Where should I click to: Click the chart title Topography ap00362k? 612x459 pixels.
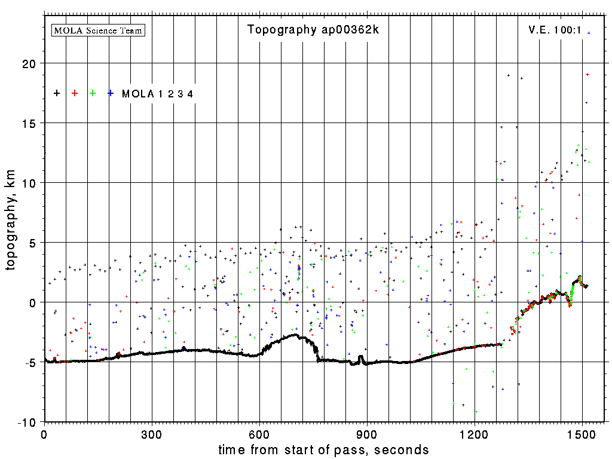pyautogui.click(x=313, y=30)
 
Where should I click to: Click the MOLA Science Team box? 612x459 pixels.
pyautogui.click(x=99, y=30)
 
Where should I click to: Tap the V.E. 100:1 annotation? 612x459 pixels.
pyautogui.click(x=555, y=29)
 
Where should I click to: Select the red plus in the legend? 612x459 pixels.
pyautogui.click(x=75, y=93)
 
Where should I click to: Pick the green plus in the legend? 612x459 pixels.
pyautogui.click(x=93, y=93)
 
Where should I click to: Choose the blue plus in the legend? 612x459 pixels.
pyautogui.click(x=111, y=93)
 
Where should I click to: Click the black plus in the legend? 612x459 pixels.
pyautogui.click(x=57, y=93)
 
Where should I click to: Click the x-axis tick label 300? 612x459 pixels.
pyautogui.click(x=152, y=434)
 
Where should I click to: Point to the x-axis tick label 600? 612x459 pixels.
pyautogui.click(x=259, y=434)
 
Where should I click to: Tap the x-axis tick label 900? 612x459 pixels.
pyautogui.click(x=367, y=434)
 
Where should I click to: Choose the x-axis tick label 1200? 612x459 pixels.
pyautogui.click(x=475, y=434)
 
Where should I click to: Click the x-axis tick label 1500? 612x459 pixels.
pyautogui.click(x=582, y=434)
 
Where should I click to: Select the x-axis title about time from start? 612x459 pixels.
pyautogui.click(x=323, y=449)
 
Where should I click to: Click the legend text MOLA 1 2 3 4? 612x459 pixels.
pyautogui.click(x=157, y=94)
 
